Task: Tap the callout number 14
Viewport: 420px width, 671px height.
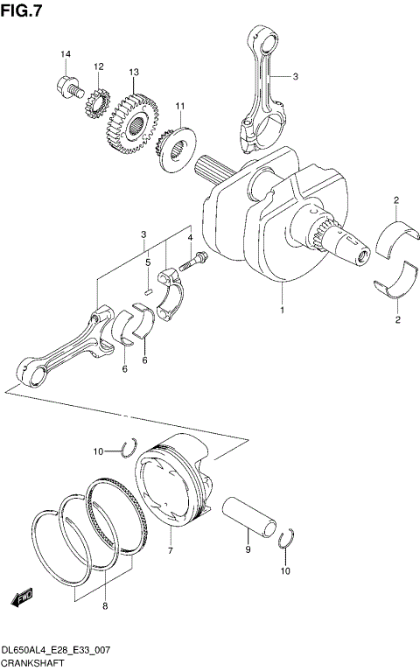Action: pos(65,55)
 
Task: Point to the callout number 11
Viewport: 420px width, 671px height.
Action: pos(180,107)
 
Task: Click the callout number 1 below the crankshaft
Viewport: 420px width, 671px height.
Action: pos(282,311)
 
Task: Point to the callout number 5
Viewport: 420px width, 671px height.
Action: pos(148,262)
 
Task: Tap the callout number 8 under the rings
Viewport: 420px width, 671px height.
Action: pos(105,605)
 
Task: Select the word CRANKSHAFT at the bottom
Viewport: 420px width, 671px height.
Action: pos(31,665)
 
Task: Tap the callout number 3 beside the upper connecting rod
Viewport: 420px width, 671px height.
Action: pos(295,76)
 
